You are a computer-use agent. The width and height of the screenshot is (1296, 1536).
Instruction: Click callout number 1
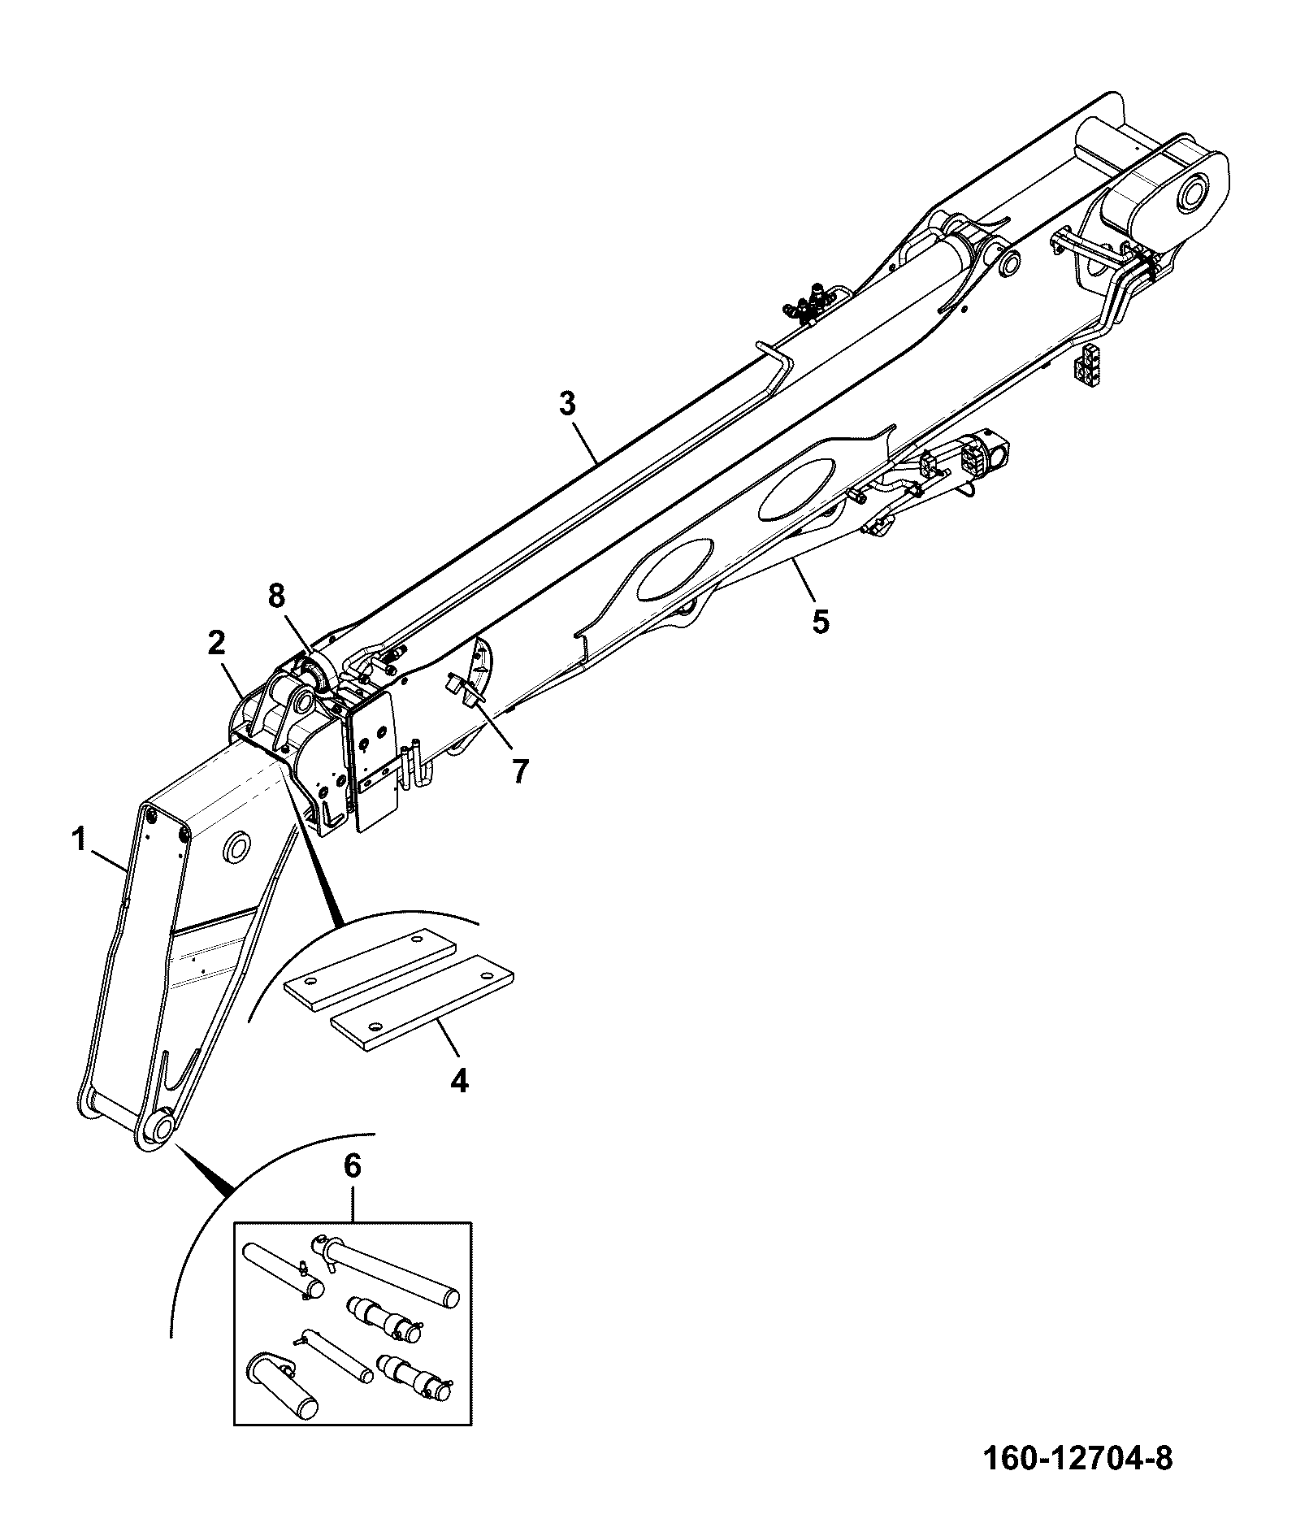(79, 840)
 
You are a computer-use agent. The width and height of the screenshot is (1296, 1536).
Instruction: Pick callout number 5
(820, 622)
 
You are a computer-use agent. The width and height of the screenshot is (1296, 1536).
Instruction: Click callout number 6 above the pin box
(351, 1166)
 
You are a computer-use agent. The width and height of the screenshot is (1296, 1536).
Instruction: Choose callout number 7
(519, 770)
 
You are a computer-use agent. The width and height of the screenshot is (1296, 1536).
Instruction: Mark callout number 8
(276, 596)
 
